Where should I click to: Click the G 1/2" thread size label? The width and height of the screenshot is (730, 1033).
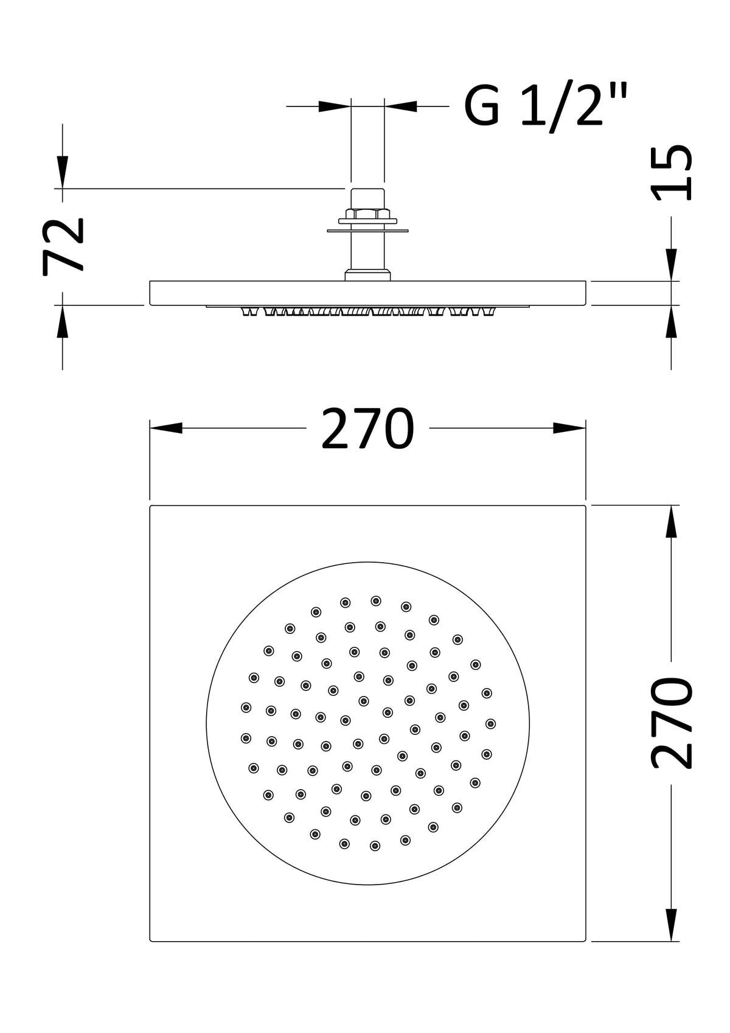pyautogui.click(x=546, y=106)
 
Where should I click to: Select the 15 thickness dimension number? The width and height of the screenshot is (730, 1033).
pyautogui.click(x=671, y=173)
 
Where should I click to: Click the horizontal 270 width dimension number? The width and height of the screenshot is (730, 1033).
pyautogui.click(x=367, y=428)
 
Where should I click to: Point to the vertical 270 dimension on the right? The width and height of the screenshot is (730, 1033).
pyautogui.click(x=672, y=723)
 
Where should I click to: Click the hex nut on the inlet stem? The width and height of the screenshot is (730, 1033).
pyautogui.click(x=367, y=214)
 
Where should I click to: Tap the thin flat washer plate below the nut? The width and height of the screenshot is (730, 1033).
pyautogui.click(x=367, y=231)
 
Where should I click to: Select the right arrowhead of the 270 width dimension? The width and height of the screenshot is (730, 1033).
pyautogui.click(x=569, y=428)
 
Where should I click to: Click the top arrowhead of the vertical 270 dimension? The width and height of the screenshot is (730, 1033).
pyautogui.click(x=671, y=521)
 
